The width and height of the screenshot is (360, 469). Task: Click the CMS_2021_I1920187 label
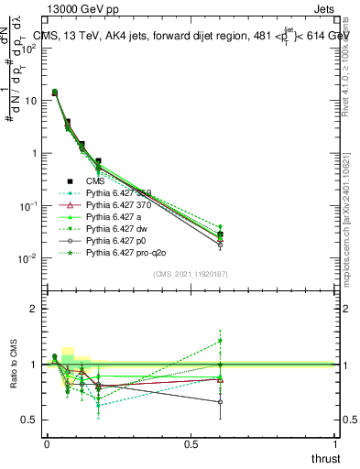pos(190,274)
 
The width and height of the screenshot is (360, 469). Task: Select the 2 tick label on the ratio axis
pos(34,309)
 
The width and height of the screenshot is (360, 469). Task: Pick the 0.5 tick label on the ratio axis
pos(29,420)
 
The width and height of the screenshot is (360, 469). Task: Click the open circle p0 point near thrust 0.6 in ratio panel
pos(220,402)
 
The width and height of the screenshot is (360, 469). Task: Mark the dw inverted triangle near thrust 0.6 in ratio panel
pos(220,342)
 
